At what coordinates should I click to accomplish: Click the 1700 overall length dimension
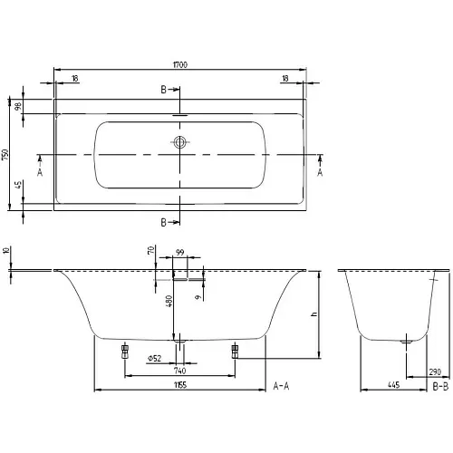180,64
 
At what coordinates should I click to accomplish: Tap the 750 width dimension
5,155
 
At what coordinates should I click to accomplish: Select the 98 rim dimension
19,106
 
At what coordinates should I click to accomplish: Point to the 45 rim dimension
19,185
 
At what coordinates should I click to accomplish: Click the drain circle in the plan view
180,142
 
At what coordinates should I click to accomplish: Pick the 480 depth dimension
169,301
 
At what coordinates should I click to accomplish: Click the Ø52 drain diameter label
154,359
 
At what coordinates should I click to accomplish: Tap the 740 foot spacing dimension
180,371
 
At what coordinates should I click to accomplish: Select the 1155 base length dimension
180,385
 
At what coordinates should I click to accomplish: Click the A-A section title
281,386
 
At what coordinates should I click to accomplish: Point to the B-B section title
440,386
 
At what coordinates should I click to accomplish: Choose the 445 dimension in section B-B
394,385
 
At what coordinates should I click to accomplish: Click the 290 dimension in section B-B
435,371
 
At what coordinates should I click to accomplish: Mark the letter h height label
314,314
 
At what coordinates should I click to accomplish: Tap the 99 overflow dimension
180,252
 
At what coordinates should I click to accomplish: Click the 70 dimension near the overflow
151,250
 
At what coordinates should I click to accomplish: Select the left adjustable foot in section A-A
125,352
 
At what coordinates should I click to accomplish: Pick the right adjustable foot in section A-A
235,352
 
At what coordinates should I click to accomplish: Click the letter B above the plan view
163,90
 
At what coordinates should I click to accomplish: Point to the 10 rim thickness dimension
6,250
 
